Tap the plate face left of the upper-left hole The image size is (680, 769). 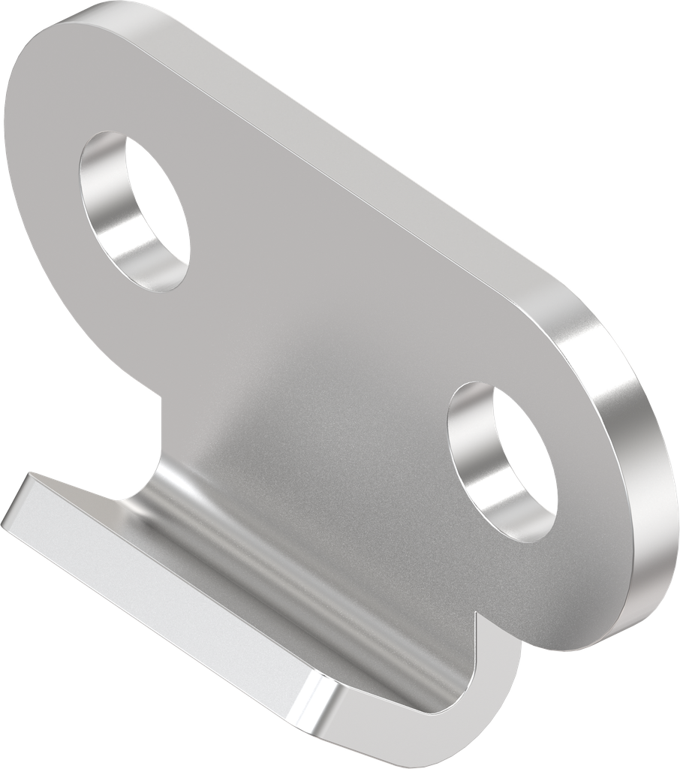pos(45,195)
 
